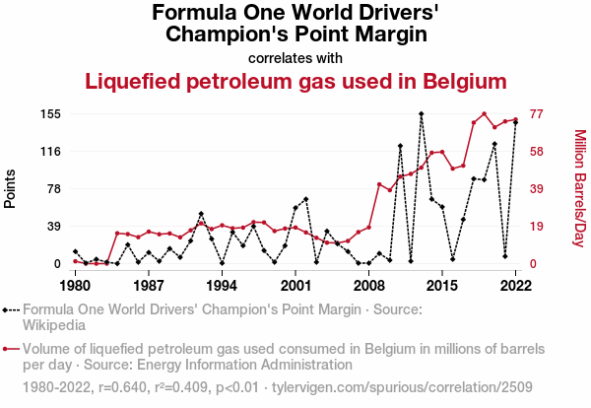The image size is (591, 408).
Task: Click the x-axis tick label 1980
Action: (75, 286)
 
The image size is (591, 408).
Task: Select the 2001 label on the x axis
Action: (295, 286)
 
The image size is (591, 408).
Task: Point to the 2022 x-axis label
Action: (515, 286)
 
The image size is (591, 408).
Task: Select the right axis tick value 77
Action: (538, 114)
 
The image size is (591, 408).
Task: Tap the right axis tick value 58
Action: (538, 152)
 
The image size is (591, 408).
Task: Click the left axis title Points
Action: (12, 188)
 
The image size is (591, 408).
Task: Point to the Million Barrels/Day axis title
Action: (579, 188)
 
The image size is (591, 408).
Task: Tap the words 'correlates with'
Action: (295, 57)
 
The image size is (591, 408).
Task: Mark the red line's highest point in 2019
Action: (484, 113)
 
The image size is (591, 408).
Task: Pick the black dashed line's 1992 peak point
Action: (201, 214)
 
